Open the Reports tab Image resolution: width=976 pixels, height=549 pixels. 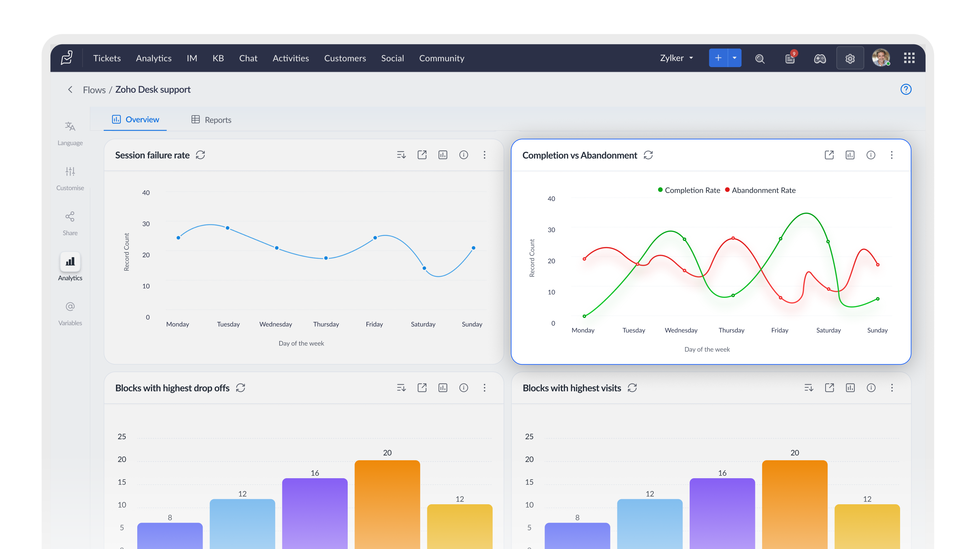point(211,120)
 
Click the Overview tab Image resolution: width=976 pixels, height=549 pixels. point(135,119)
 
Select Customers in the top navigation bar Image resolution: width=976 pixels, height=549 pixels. point(345,58)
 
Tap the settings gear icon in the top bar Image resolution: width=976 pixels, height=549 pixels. point(850,58)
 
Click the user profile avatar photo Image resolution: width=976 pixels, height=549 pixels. point(880,58)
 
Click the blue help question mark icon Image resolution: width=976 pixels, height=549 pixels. point(906,89)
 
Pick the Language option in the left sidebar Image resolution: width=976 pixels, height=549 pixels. point(70,134)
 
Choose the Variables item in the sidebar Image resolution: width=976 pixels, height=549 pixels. point(70,313)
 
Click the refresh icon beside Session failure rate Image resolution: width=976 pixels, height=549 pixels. point(200,155)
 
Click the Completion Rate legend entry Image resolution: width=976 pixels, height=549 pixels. point(689,190)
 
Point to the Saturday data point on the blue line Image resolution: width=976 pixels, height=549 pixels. point(424,268)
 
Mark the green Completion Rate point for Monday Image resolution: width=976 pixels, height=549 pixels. point(584,316)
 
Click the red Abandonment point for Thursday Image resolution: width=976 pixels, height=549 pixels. point(733,238)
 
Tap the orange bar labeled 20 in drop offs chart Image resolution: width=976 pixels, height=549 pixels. point(387,504)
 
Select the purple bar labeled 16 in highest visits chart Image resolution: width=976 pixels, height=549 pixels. point(722,513)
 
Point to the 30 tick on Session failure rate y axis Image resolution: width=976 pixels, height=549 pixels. point(146,224)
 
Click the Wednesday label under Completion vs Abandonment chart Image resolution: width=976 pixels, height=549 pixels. point(681,330)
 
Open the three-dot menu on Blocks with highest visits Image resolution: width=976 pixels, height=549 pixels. point(892,388)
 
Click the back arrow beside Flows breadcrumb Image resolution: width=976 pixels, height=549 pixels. point(70,89)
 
